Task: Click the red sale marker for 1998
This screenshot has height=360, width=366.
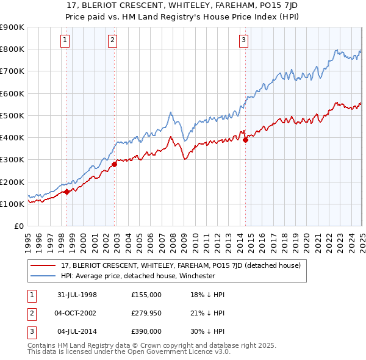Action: coord(66,192)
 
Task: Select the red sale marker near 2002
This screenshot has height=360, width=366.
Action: coord(114,164)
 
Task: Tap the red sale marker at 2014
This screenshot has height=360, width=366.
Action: coord(245,139)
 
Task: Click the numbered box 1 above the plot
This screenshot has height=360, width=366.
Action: coord(65,41)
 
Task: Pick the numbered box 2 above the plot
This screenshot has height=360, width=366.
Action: coord(113,41)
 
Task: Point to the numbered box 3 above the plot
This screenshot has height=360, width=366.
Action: coord(243,41)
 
